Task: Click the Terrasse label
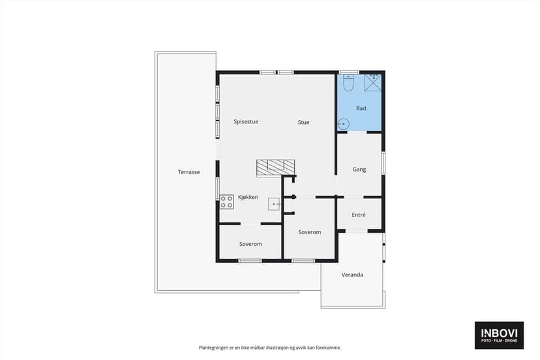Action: pos(188,172)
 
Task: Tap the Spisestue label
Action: pos(246,121)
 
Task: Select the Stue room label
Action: pos(303,122)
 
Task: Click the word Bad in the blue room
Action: pos(361,108)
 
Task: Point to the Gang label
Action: pos(359,170)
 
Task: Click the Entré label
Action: pos(359,215)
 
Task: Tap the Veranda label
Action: pos(352,275)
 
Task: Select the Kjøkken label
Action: pos(248,197)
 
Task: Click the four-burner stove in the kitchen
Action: pos(226,202)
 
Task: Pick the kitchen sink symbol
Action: pos(274,204)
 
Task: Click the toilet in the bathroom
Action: pos(348,83)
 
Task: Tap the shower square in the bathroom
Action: pos(373,83)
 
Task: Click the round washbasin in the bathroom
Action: pos(343,124)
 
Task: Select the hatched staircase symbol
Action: pos(275,168)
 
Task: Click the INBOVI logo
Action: pos(499,335)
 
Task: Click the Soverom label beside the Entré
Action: pos(310,232)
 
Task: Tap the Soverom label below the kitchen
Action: pos(250,244)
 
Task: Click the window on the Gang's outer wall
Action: pos(383,163)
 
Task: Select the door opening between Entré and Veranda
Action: pos(357,231)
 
